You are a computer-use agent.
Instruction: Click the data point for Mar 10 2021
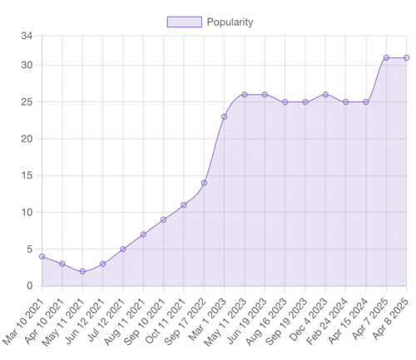[42, 256]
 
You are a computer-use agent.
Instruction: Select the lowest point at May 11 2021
[82, 271]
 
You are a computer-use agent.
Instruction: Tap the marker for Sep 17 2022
[204, 183]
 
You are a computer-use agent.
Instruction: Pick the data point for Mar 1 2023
[225, 116]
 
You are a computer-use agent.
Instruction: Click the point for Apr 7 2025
[386, 57]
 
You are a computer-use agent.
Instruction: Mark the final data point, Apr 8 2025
[407, 57]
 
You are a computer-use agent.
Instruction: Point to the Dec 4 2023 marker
[325, 95]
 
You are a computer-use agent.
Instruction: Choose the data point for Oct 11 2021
[184, 205]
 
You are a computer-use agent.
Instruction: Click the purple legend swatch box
[184, 22]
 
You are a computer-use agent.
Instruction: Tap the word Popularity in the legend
[230, 22]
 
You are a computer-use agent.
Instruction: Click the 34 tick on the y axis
[27, 36]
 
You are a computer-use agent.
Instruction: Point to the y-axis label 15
[27, 175]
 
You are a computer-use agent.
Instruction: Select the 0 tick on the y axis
[29, 286]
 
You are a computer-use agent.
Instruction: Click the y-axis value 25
[27, 102]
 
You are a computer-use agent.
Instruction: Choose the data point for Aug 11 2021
[143, 234]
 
